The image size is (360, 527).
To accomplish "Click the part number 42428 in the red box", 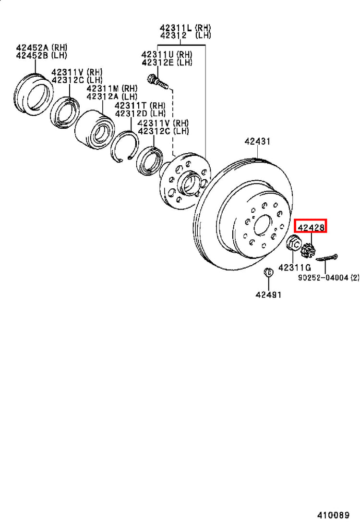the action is [311, 228].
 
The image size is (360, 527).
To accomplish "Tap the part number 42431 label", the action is [257, 141].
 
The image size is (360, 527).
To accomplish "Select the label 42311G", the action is [295, 268].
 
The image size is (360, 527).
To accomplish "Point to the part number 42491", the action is [268, 294].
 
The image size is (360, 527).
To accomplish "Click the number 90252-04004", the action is [323, 278].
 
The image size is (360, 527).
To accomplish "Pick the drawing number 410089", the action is [334, 515].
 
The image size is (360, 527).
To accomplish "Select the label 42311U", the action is [157, 54].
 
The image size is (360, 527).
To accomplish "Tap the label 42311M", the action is [103, 88].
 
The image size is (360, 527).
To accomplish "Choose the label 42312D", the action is [132, 113].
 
